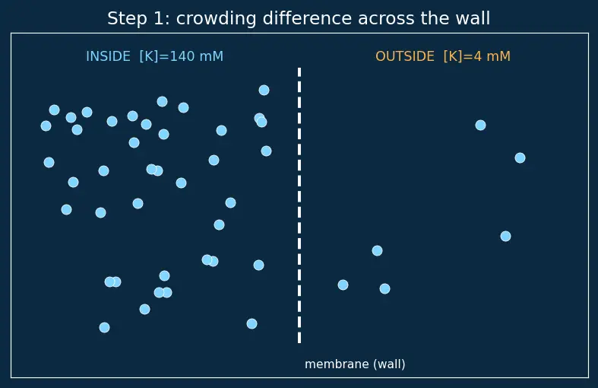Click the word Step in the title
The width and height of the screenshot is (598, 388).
click(126, 19)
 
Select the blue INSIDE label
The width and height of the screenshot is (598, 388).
click(109, 56)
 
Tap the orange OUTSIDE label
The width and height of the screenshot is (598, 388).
click(405, 56)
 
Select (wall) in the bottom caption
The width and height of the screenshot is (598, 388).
click(389, 364)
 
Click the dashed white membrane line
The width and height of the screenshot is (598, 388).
click(299, 205)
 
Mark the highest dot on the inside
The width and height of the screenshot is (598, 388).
click(264, 90)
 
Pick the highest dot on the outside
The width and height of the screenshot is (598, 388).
click(480, 126)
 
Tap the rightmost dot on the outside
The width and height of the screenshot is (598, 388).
click(520, 157)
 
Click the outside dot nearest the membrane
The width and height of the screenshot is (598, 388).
click(343, 285)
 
